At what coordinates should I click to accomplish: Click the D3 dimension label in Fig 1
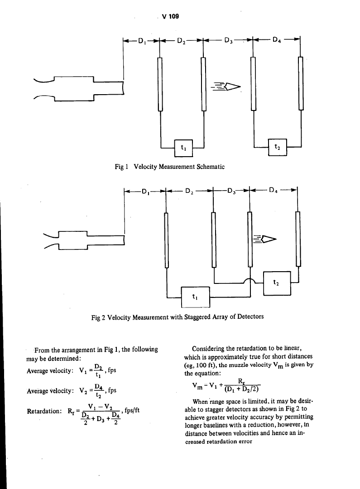point(229,43)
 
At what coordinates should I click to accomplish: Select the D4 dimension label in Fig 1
point(277,43)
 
